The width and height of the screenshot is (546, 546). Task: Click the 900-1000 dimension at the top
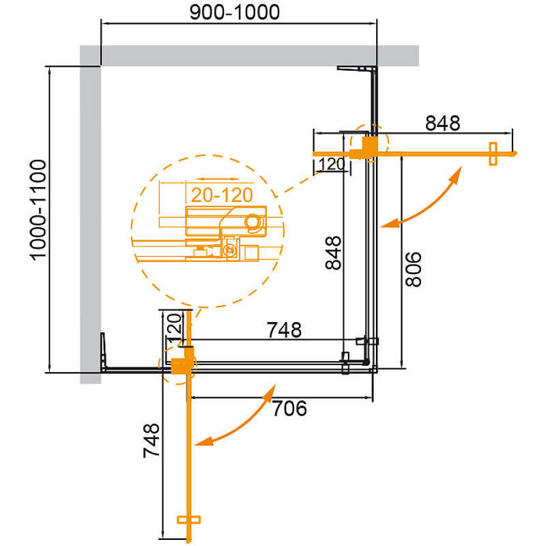point(235,13)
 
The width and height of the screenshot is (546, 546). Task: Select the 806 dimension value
point(414,269)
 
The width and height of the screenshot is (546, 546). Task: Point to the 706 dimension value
point(289,408)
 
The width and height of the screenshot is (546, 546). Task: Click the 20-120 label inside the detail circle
point(222,195)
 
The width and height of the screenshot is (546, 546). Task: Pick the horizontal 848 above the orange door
point(442,124)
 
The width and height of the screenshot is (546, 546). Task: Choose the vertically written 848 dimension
point(333,253)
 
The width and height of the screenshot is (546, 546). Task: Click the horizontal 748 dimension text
point(284,330)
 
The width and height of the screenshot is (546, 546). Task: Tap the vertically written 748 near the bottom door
point(151,440)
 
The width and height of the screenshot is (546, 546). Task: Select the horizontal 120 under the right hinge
point(332,164)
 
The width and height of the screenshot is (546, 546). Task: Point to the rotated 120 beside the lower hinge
point(175,328)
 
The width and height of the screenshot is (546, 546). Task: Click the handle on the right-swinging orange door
point(493,154)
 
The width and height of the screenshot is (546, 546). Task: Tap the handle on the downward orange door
point(189,520)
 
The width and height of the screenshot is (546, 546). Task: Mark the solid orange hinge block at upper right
point(364,148)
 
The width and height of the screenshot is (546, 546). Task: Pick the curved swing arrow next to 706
point(235,415)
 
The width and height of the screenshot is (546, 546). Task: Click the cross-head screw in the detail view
point(230,249)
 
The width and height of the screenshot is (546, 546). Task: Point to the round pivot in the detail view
point(253,221)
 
